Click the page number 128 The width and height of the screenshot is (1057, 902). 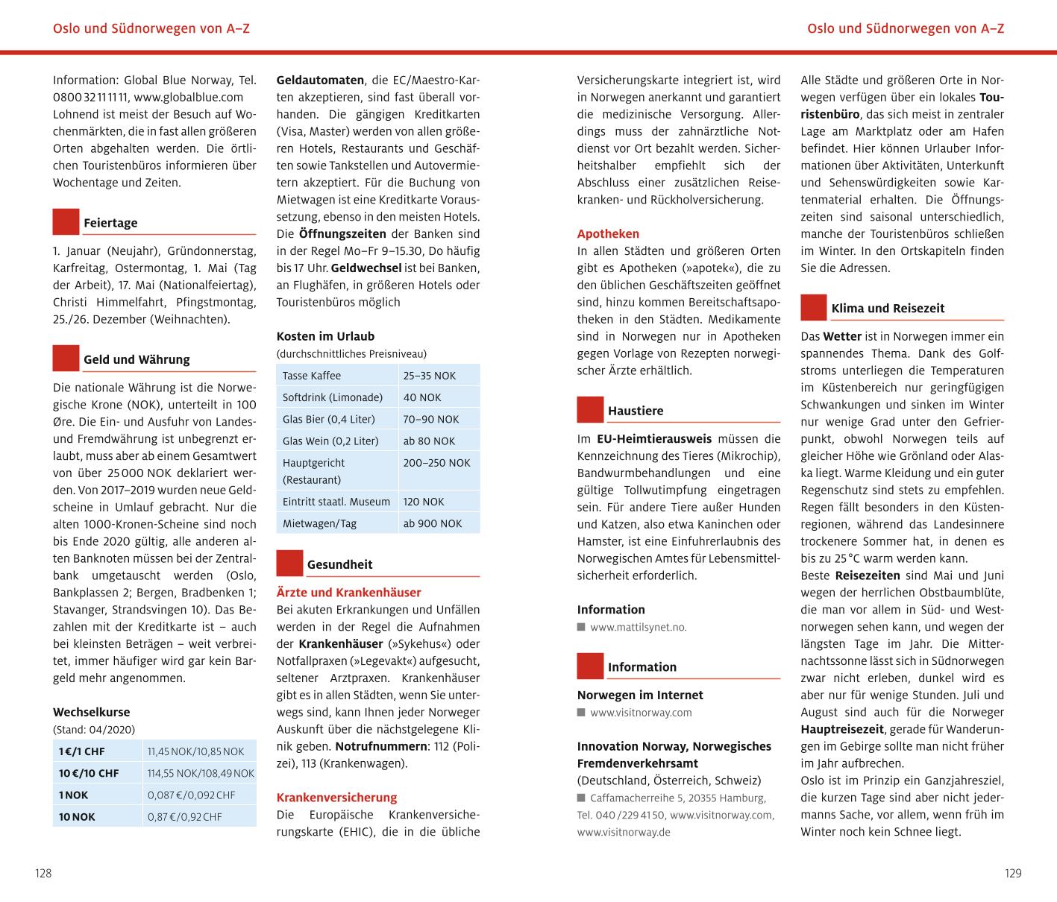tap(43, 873)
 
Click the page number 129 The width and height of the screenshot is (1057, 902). tap(1012, 873)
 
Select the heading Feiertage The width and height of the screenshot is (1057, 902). tap(110, 223)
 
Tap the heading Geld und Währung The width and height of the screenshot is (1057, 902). tap(137, 359)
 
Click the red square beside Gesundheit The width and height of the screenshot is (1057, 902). tap(289, 564)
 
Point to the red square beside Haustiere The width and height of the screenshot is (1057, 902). tap(590, 410)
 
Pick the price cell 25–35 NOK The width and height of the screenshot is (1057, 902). tap(429, 376)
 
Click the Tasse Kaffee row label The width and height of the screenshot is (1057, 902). tap(312, 376)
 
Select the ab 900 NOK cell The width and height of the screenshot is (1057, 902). tap(432, 523)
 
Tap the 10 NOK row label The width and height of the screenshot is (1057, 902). tap(78, 816)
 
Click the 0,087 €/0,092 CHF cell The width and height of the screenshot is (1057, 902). tap(191, 795)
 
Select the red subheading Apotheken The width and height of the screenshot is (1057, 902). tap(608, 233)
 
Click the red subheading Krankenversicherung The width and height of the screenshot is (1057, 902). tap(336, 797)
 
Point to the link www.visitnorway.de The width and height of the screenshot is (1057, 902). tap(624, 832)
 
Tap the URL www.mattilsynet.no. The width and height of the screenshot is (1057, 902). tap(638, 627)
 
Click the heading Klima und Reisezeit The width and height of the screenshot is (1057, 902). tap(888, 308)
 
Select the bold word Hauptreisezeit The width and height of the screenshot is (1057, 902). tap(842, 729)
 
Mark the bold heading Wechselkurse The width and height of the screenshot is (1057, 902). tap(91, 712)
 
